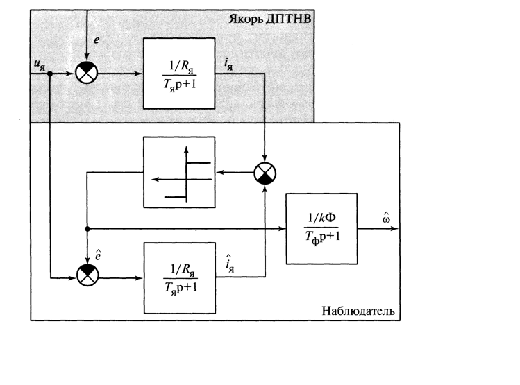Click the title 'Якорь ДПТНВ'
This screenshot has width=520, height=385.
point(270,19)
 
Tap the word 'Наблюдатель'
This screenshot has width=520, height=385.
point(358,311)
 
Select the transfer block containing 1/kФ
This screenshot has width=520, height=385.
point(321,229)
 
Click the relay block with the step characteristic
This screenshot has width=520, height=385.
point(179,172)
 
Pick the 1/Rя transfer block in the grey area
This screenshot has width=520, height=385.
point(179,74)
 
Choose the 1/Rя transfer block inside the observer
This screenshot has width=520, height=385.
point(179,278)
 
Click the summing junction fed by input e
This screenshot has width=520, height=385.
point(87,73)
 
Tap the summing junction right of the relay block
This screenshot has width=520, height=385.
point(265,173)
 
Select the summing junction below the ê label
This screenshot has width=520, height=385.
point(87,275)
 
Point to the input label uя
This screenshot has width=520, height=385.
point(40,65)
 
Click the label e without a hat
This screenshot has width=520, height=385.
point(97,40)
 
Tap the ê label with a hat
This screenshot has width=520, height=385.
point(98,255)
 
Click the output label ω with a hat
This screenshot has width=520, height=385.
point(386,217)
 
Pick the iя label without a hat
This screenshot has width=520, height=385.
point(229,64)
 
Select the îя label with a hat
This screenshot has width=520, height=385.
point(230,264)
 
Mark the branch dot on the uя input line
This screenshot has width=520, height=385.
point(50,74)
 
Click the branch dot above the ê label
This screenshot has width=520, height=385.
point(87,229)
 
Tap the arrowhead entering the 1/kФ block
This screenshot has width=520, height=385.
point(283,229)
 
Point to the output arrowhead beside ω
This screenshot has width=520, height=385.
point(394,229)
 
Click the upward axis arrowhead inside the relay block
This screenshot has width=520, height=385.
point(186,149)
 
